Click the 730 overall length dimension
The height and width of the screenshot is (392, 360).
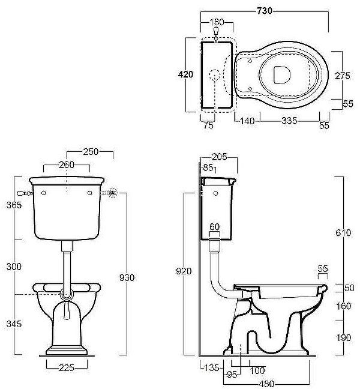click(265, 11)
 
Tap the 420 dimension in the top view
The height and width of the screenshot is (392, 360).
click(185, 74)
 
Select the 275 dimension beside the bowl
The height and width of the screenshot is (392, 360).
click(343, 76)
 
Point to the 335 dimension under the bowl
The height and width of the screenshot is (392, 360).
click(290, 121)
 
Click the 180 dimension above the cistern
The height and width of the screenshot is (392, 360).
click(217, 22)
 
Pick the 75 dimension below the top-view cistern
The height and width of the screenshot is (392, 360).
click(208, 125)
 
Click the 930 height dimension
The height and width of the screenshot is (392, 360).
click(127, 277)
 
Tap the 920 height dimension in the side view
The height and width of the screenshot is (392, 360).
click(184, 271)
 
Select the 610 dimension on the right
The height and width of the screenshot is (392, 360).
click(343, 233)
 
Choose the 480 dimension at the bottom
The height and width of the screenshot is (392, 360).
click(266, 384)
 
